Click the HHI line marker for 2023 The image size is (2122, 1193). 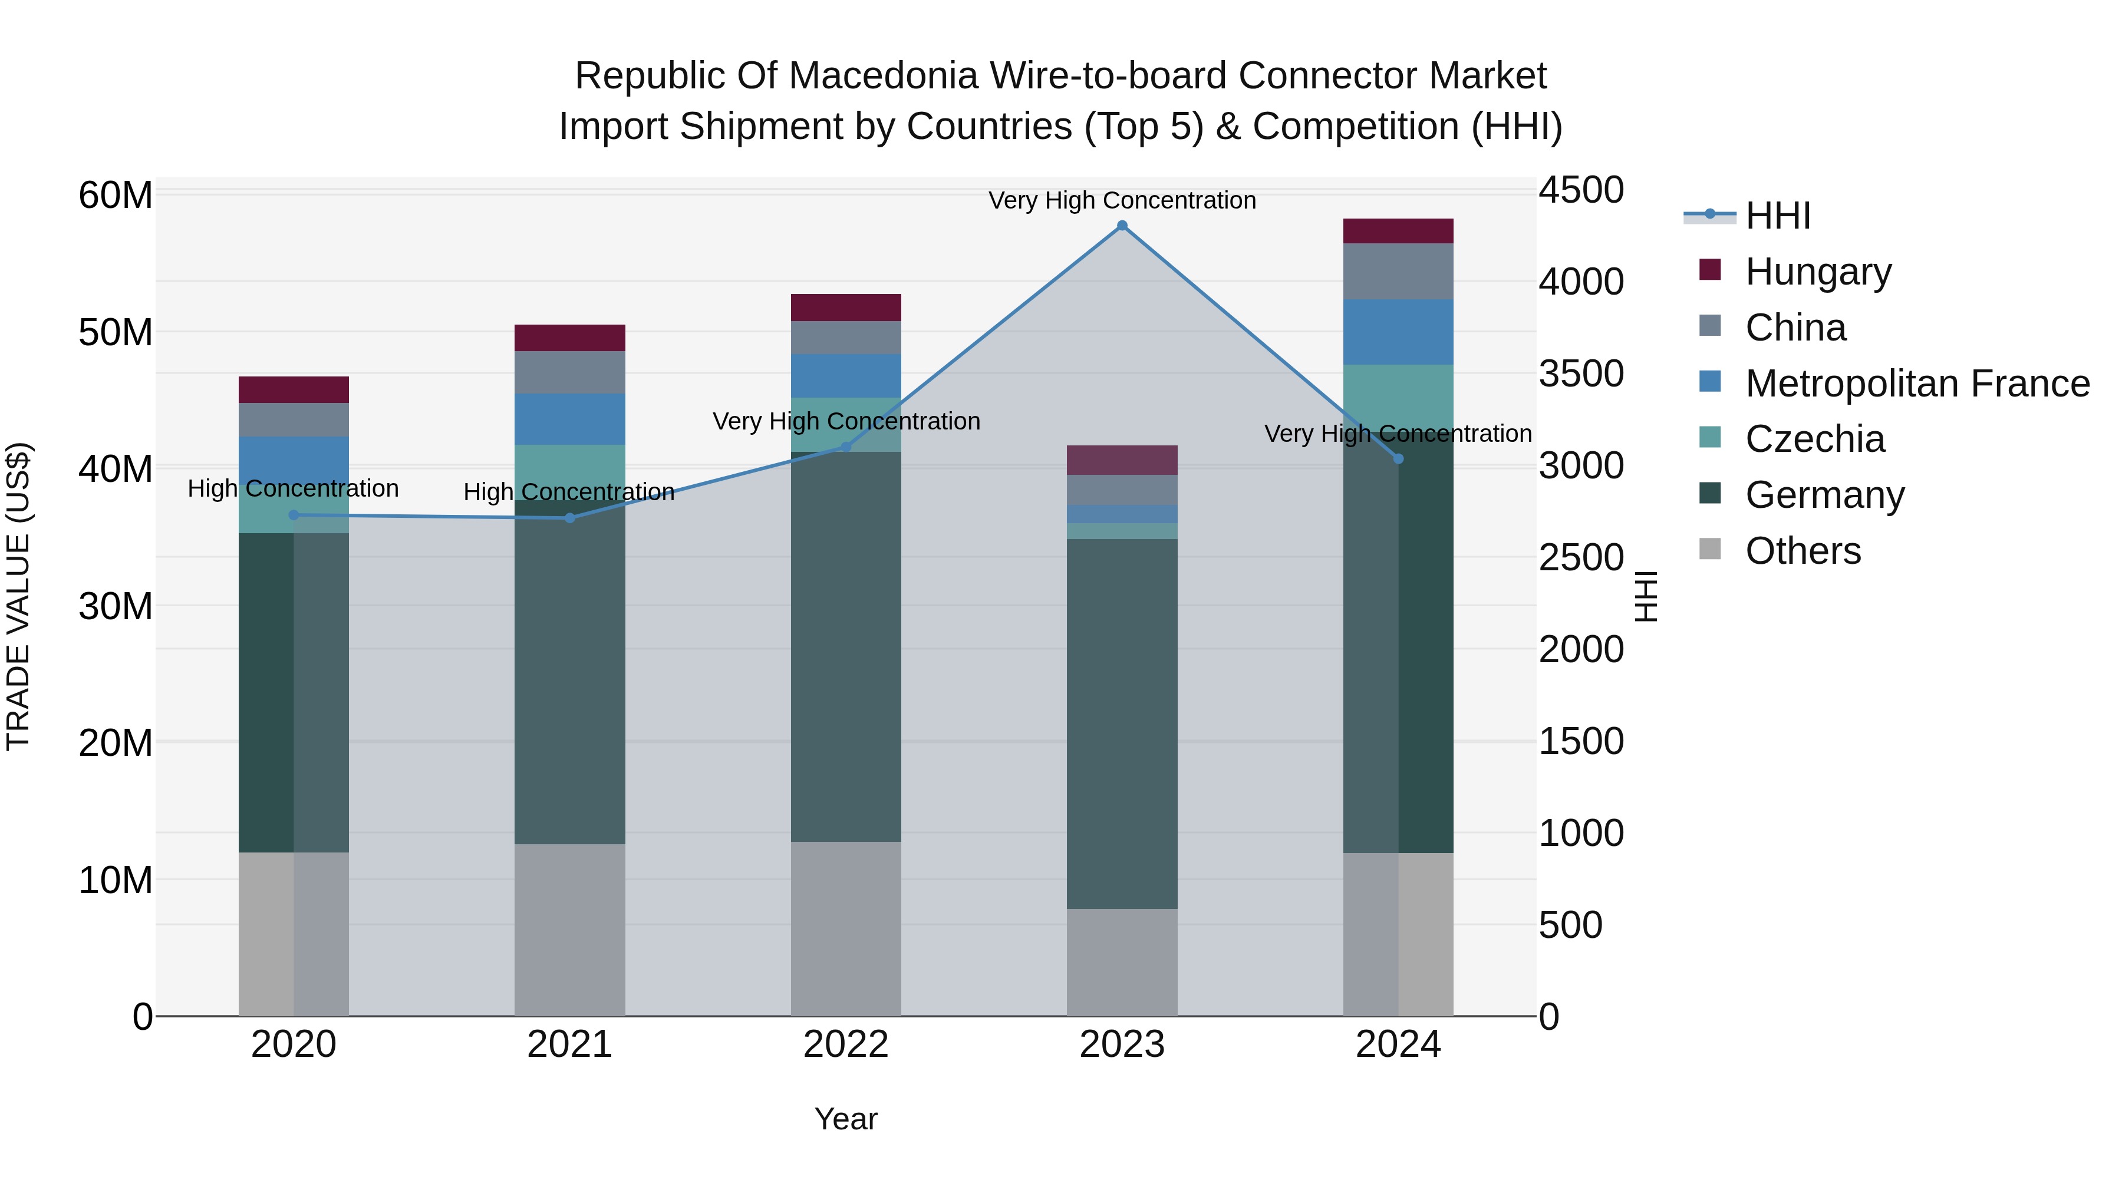click(x=1122, y=226)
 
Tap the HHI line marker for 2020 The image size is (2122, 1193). click(x=294, y=515)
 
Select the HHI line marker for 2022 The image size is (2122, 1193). click(x=846, y=447)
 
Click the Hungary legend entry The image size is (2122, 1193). click(x=1817, y=272)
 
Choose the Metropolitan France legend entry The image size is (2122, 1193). click(x=1916, y=384)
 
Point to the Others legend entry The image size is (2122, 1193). click(x=1803, y=551)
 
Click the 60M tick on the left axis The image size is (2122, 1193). click(x=116, y=196)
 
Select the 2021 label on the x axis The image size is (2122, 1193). click(x=570, y=1045)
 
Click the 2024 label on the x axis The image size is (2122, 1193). click(x=1398, y=1045)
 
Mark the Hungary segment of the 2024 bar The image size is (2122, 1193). click(x=1398, y=232)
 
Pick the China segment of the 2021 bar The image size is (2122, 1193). click(x=570, y=372)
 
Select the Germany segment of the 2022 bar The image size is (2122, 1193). click(x=846, y=646)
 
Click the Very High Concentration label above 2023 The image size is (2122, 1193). click(x=1122, y=201)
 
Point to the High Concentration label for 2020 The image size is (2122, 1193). click(x=294, y=489)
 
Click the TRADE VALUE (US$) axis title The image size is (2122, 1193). click(x=18, y=596)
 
